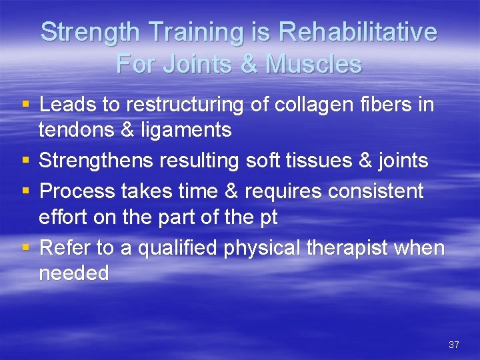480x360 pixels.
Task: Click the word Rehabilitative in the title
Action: (x=357, y=32)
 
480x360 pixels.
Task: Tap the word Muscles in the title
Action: (x=313, y=64)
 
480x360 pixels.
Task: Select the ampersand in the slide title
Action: (x=247, y=64)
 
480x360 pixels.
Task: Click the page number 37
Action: (x=454, y=345)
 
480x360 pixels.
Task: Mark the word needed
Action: (x=74, y=273)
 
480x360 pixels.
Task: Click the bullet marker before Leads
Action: (x=26, y=105)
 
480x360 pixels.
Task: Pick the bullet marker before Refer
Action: (x=26, y=248)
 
